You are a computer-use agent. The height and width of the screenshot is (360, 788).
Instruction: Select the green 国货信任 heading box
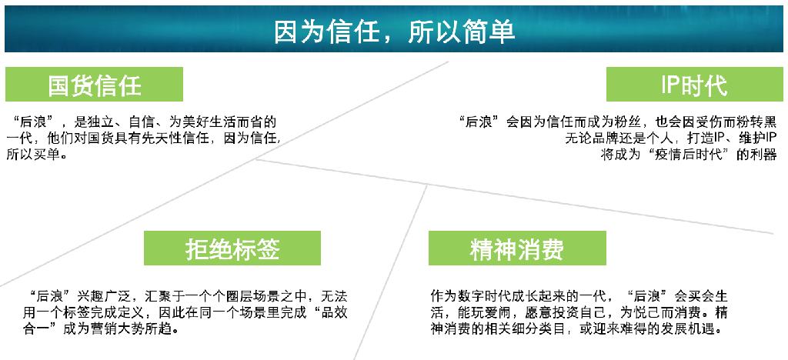point(94,85)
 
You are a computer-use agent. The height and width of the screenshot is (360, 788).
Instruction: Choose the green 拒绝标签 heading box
point(232,248)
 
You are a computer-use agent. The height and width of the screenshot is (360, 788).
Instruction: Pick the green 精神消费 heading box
point(517,248)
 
